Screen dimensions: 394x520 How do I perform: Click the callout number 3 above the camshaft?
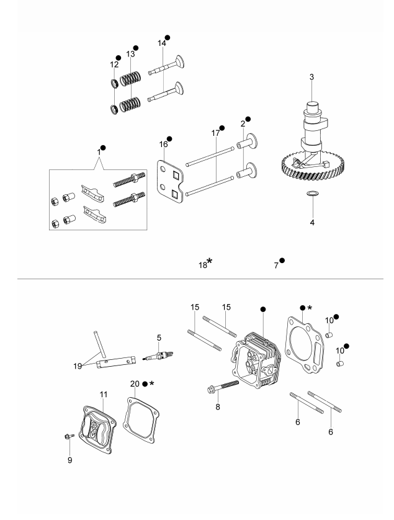tap(311, 77)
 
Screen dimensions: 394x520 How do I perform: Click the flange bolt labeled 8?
tap(223, 387)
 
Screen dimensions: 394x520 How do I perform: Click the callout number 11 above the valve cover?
tap(104, 394)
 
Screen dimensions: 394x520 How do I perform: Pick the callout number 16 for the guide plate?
tap(164, 144)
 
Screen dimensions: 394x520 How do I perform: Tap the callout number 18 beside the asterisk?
tap(203, 266)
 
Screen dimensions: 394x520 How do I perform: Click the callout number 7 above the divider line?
tap(276, 266)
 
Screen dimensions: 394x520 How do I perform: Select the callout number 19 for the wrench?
tap(78, 366)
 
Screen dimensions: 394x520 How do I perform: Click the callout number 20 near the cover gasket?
tap(135, 383)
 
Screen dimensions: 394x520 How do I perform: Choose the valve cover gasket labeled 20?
tap(141, 420)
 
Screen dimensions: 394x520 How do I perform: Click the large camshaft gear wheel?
tap(312, 168)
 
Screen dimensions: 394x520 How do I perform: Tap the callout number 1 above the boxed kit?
tap(99, 152)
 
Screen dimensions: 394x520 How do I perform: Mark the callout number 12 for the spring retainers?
tap(114, 65)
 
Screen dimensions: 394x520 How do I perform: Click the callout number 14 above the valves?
tap(161, 43)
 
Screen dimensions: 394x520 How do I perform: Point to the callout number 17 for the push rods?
tap(215, 133)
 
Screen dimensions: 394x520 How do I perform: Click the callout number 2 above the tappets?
tap(243, 123)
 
